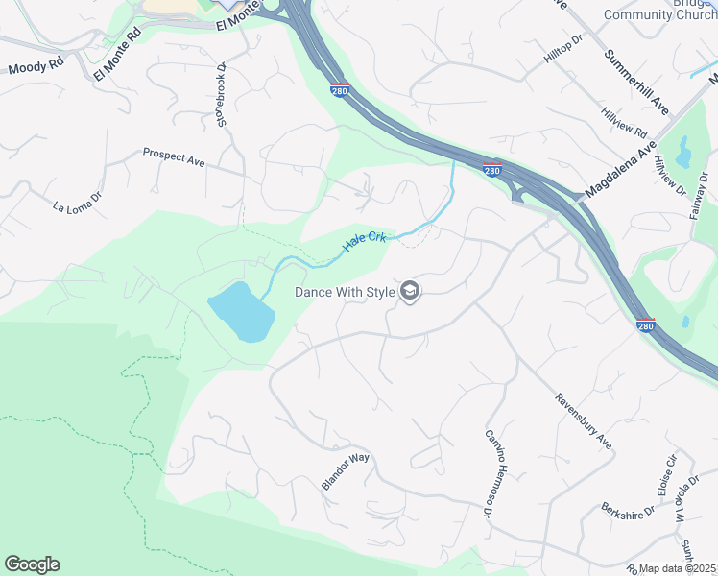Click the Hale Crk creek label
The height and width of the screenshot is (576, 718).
point(365,240)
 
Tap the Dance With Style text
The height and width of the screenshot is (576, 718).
point(345,292)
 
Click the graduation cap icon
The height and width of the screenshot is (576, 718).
point(410,292)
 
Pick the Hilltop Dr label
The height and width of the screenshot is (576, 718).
point(563,54)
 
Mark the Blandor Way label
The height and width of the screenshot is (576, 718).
point(346,471)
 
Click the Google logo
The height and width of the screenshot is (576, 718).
point(32,564)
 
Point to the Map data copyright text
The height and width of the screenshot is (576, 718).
point(678,568)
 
